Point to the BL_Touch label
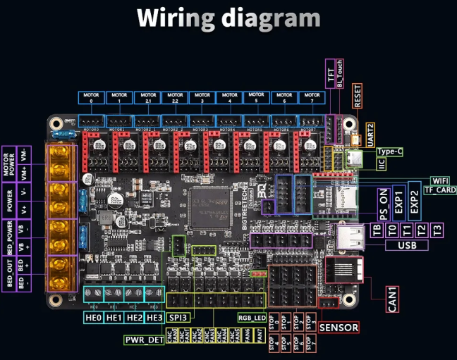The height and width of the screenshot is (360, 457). pyautogui.click(x=341, y=73)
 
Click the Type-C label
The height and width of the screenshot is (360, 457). pyautogui.click(x=390, y=151)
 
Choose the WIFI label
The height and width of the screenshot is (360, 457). pyautogui.click(x=440, y=180)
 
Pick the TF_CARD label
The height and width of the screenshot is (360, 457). pyautogui.click(x=440, y=190)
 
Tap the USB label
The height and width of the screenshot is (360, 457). pyautogui.click(x=413, y=245)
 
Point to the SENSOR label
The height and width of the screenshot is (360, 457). pyautogui.click(x=339, y=328)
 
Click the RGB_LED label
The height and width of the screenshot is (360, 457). pyautogui.click(x=252, y=317)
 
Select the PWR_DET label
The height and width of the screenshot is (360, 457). pyautogui.click(x=144, y=340)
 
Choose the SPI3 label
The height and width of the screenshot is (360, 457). pyautogui.click(x=178, y=318)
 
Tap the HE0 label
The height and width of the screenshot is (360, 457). pyautogui.click(x=94, y=318)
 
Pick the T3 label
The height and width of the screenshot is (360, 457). pyautogui.click(x=437, y=230)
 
